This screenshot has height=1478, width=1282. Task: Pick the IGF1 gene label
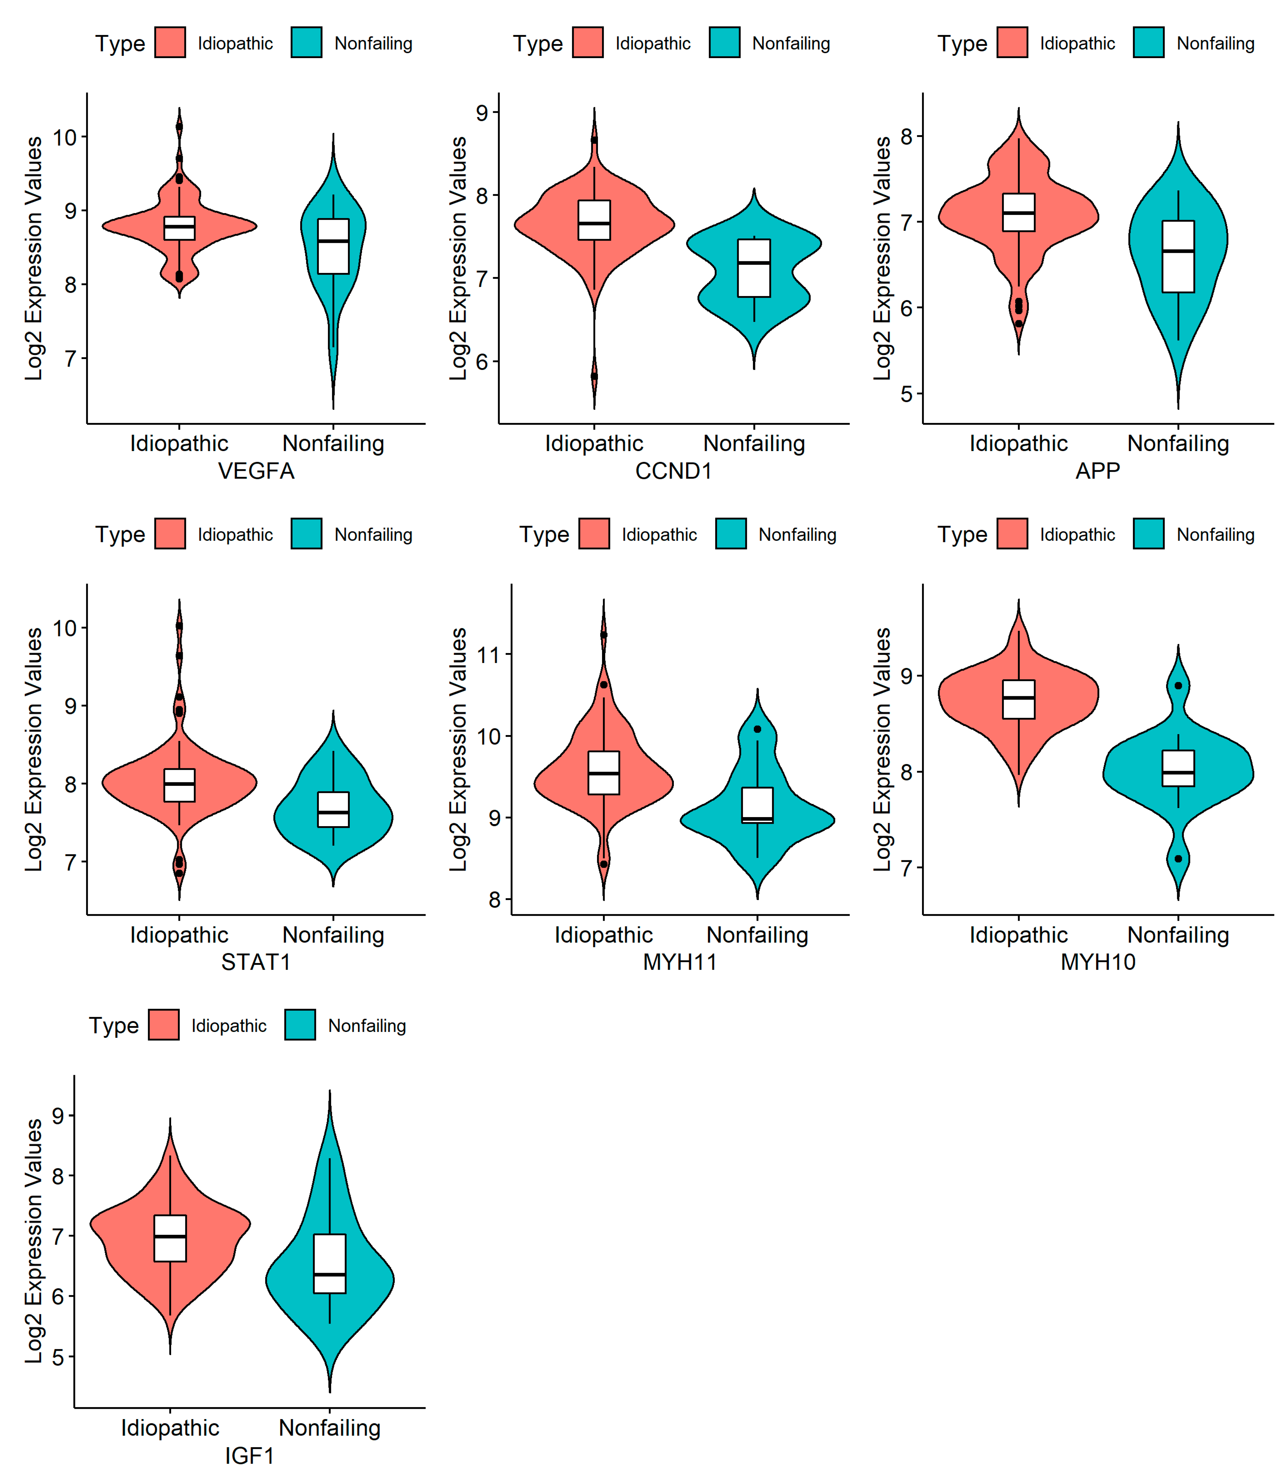[x=250, y=1455]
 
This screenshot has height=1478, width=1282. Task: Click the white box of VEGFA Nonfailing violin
[x=333, y=246]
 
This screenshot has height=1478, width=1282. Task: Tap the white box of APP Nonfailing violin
[x=1178, y=256]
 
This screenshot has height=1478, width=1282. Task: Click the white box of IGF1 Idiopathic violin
[x=170, y=1238]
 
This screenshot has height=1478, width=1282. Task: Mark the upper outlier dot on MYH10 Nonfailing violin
[x=1178, y=685]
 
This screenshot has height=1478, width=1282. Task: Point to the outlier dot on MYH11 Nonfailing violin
[x=758, y=729]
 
